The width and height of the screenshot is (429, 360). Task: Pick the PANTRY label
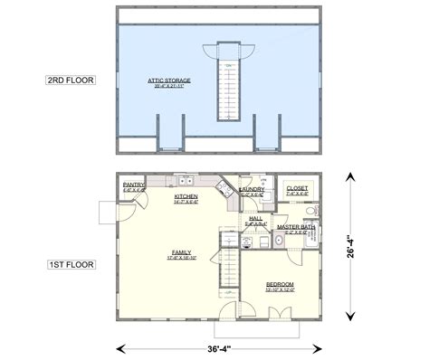point(133,186)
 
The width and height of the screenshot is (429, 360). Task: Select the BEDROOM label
point(279,287)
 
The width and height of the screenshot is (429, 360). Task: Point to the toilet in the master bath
point(310,213)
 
